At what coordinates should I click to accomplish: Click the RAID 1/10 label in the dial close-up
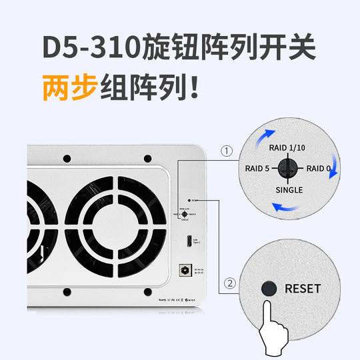click(x=287, y=147)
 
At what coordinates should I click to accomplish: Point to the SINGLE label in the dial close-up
click(x=287, y=189)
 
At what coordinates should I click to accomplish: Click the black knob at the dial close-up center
click(x=287, y=168)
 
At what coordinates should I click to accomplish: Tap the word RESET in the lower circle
click(x=302, y=289)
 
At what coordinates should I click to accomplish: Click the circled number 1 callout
click(x=227, y=151)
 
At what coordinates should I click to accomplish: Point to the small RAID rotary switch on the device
click(x=183, y=214)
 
